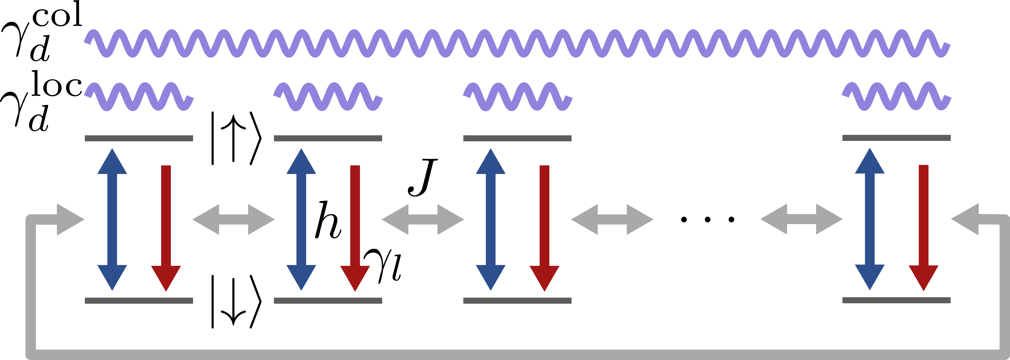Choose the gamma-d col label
[x=41, y=31]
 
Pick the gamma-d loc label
[x=41, y=102]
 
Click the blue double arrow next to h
[x=301, y=220]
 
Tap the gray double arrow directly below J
[x=423, y=220]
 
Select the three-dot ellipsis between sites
[x=707, y=220]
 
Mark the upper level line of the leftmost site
[x=139, y=138]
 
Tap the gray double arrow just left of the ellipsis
[x=612, y=220]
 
